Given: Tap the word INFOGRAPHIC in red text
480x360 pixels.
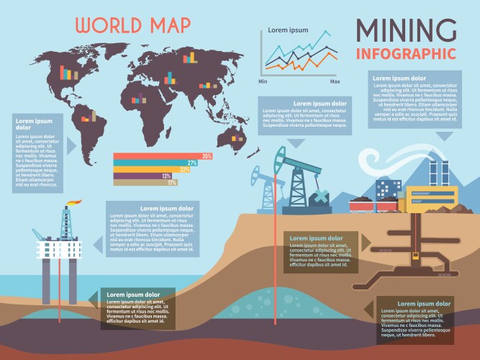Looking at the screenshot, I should [406, 53].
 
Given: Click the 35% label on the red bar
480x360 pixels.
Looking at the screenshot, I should [207, 156].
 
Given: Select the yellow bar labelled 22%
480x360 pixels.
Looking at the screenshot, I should [151, 170].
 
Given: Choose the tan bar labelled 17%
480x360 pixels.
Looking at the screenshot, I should [145, 183].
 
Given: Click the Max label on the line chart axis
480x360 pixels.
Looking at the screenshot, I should [335, 81].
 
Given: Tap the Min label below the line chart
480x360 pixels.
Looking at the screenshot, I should [263, 81].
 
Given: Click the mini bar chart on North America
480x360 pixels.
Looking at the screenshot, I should [67, 73].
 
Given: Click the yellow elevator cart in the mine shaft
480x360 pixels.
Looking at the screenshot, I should [415, 255].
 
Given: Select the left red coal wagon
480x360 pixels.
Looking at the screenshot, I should [360, 205].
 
